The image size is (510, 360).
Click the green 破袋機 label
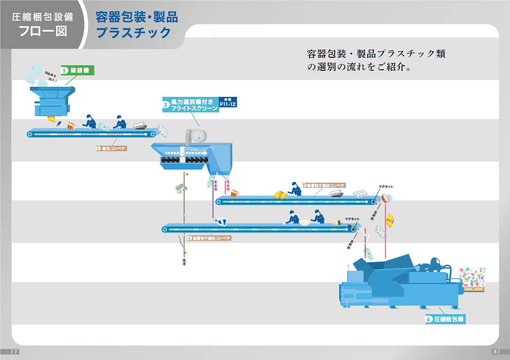77,70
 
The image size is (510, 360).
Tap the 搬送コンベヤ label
111,148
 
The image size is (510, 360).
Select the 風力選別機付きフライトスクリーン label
191,105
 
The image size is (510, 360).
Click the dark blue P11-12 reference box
228,102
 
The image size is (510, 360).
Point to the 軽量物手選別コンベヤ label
323,185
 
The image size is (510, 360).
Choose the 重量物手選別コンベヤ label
209,238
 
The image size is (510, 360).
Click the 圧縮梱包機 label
445,320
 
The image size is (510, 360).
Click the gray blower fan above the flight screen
197,136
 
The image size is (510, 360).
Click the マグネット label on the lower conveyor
352,219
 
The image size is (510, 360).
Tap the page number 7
16,352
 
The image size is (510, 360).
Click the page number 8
495,352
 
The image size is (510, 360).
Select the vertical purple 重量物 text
215,186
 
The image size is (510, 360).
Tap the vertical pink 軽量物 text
228,186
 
